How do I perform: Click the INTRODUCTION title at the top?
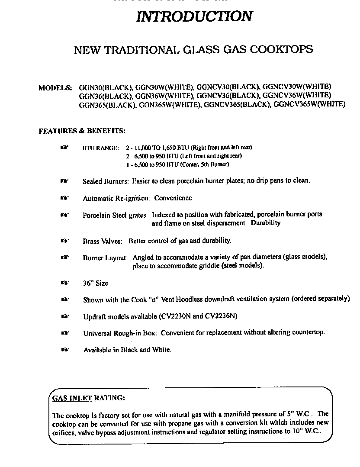pyautogui.click(x=194, y=16)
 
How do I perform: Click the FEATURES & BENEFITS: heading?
pyautogui.click(x=82, y=130)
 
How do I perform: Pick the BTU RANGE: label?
pyautogui.click(x=100, y=148)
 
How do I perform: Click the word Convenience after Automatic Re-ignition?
pyautogui.click(x=173, y=198)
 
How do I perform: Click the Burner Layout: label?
pyautogui.click(x=105, y=258)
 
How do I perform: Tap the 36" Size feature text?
pyautogui.click(x=96, y=283)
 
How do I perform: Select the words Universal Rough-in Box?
pyautogui.click(x=116, y=333)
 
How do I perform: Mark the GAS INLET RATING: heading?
pyautogui.click(x=89, y=397)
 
